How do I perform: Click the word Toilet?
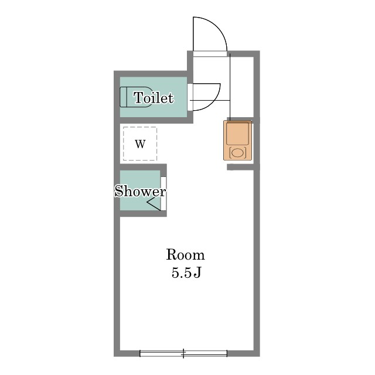(154, 98)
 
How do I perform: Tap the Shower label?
(140, 192)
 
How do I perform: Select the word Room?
(185, 255)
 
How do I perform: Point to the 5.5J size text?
(186, 272)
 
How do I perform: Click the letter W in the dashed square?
(140, 144)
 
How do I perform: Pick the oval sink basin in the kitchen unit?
(238, 152)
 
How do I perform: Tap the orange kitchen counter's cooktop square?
(237, 134)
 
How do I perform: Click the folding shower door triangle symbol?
(154, 204)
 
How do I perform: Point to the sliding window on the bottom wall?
(183, 353)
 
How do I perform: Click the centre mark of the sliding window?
(183, 353)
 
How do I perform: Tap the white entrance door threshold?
(210, 54)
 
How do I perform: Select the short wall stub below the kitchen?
(240, 167)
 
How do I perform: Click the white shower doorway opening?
(163, 194)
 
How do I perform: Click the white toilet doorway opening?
(190, 97)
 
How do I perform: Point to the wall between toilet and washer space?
(154, 120)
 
